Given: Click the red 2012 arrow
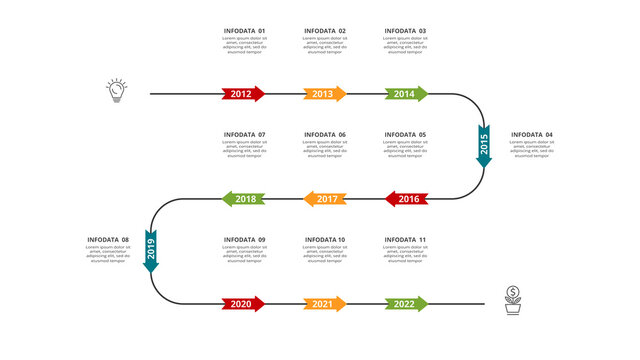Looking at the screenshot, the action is [x=243, y=94].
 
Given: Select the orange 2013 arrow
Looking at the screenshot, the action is [x=324, y=94].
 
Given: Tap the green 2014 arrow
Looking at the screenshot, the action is [x=405, y=94].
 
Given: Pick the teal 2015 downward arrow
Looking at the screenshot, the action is [x=484, y=146].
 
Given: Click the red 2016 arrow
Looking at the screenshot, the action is [x=407, y=199].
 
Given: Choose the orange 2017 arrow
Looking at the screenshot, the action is [x=326, y=199].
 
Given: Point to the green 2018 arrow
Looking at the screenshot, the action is [x=244, y=199].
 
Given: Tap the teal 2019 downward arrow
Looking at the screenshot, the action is [x=151, y=251].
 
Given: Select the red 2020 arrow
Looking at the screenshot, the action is [x=243, y=303].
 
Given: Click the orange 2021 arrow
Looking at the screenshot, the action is [x=324, y=303].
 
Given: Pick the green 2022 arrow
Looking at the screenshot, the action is [x=405, y=303].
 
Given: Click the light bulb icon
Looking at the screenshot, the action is [x=117, y=91].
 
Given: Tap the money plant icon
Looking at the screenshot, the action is [x=513, y=299].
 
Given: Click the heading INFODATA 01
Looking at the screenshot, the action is [x=244, y=31].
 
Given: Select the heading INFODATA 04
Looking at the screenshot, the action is [x=532, y=135].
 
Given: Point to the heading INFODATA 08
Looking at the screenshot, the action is [x=108, y=240].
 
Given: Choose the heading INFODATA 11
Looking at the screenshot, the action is [x=406, y=240].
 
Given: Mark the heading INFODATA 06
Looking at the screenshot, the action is [x=325, y=135].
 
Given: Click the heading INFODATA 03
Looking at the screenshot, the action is [x=406, y=31].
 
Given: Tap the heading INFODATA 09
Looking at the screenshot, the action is [x=244, y=240].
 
